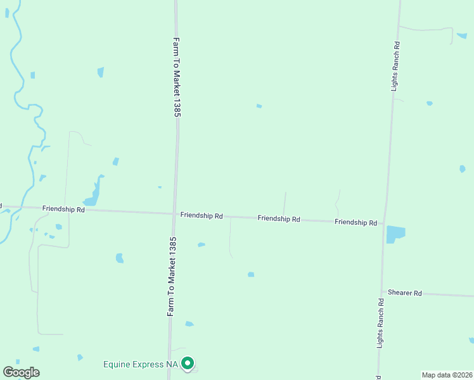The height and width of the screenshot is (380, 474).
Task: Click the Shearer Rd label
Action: tap(405, 293)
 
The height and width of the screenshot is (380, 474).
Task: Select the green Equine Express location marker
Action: tap(188, 364)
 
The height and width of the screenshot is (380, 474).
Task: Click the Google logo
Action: tap(21, 372)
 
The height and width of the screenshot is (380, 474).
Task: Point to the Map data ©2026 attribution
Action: tap(447, 375)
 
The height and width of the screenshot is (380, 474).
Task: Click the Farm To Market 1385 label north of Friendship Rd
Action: tap(177, 77)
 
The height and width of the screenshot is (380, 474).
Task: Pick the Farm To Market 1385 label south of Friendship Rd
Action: tap(171, 277)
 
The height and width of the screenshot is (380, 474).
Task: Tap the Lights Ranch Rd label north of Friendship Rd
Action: tap(395, 66)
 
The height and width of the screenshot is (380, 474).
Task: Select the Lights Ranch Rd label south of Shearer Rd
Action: tap(380, 323)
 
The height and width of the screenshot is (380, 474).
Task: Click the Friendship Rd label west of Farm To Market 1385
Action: tap(63, 208)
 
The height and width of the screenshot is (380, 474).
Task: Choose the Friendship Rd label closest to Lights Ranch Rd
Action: tap(355, 222)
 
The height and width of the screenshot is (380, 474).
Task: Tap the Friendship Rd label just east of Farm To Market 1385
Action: tap(201, 215)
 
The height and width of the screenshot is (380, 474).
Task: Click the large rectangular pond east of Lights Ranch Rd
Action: tap(395, 234)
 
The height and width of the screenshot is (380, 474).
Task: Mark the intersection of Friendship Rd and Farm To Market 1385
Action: tap(174, 213)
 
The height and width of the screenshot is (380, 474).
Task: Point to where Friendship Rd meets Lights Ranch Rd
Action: tap(384, 223)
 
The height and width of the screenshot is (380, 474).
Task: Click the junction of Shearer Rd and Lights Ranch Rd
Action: tap(382, 292)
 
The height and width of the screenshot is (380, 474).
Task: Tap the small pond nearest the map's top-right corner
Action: tap(461, 35)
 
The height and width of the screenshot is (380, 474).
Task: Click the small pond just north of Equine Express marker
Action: tap(189, 324)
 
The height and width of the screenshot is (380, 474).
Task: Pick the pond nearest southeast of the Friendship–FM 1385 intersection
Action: tap(201, 244)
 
